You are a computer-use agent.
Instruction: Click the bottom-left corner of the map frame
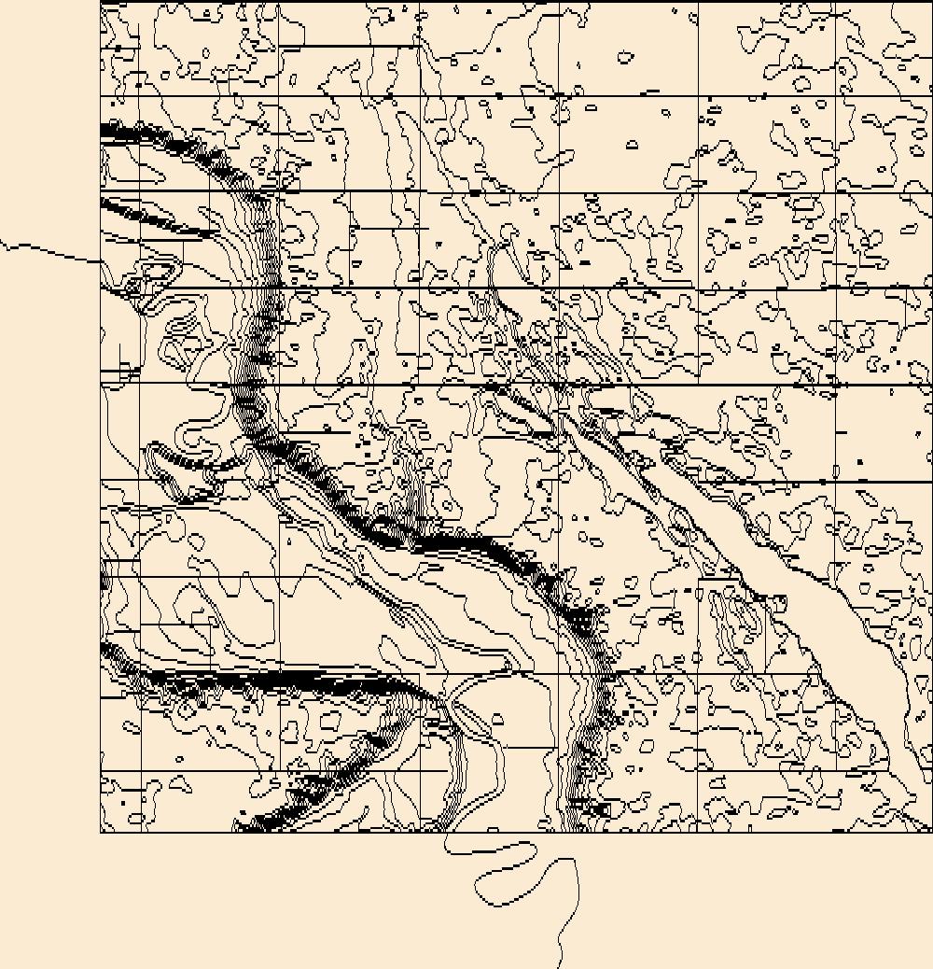tap(101, 831)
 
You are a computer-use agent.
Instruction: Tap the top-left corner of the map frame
tap(101, 2)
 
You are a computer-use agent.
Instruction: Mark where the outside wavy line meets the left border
tap(101, 261)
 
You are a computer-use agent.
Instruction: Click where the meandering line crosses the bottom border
tap(449, 831)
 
